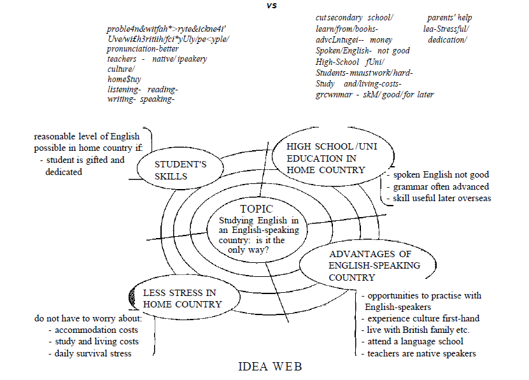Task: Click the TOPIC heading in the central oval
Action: (x=257, y=209)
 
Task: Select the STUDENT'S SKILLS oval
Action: (x=180, y=170)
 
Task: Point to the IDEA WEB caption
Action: (x=270, y=367)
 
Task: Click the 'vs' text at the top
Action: (x=272, y=6)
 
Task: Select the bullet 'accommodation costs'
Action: (x=95, y=330)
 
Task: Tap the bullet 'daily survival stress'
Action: (x=93, y=353)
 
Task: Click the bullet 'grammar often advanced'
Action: (x=441, y=186)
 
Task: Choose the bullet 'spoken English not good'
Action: (x=441, y=174)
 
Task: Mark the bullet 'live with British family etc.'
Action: (x=418, y=330)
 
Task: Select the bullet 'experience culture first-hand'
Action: (x=423, y=318)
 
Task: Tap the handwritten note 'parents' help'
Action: (x=449, y=17)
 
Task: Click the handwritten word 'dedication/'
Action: (x=447, y=40)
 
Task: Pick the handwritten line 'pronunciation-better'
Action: (x=143, y=49)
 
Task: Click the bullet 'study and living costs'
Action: (x=96, y=341)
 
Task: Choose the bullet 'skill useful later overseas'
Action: (x=442, y=198)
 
